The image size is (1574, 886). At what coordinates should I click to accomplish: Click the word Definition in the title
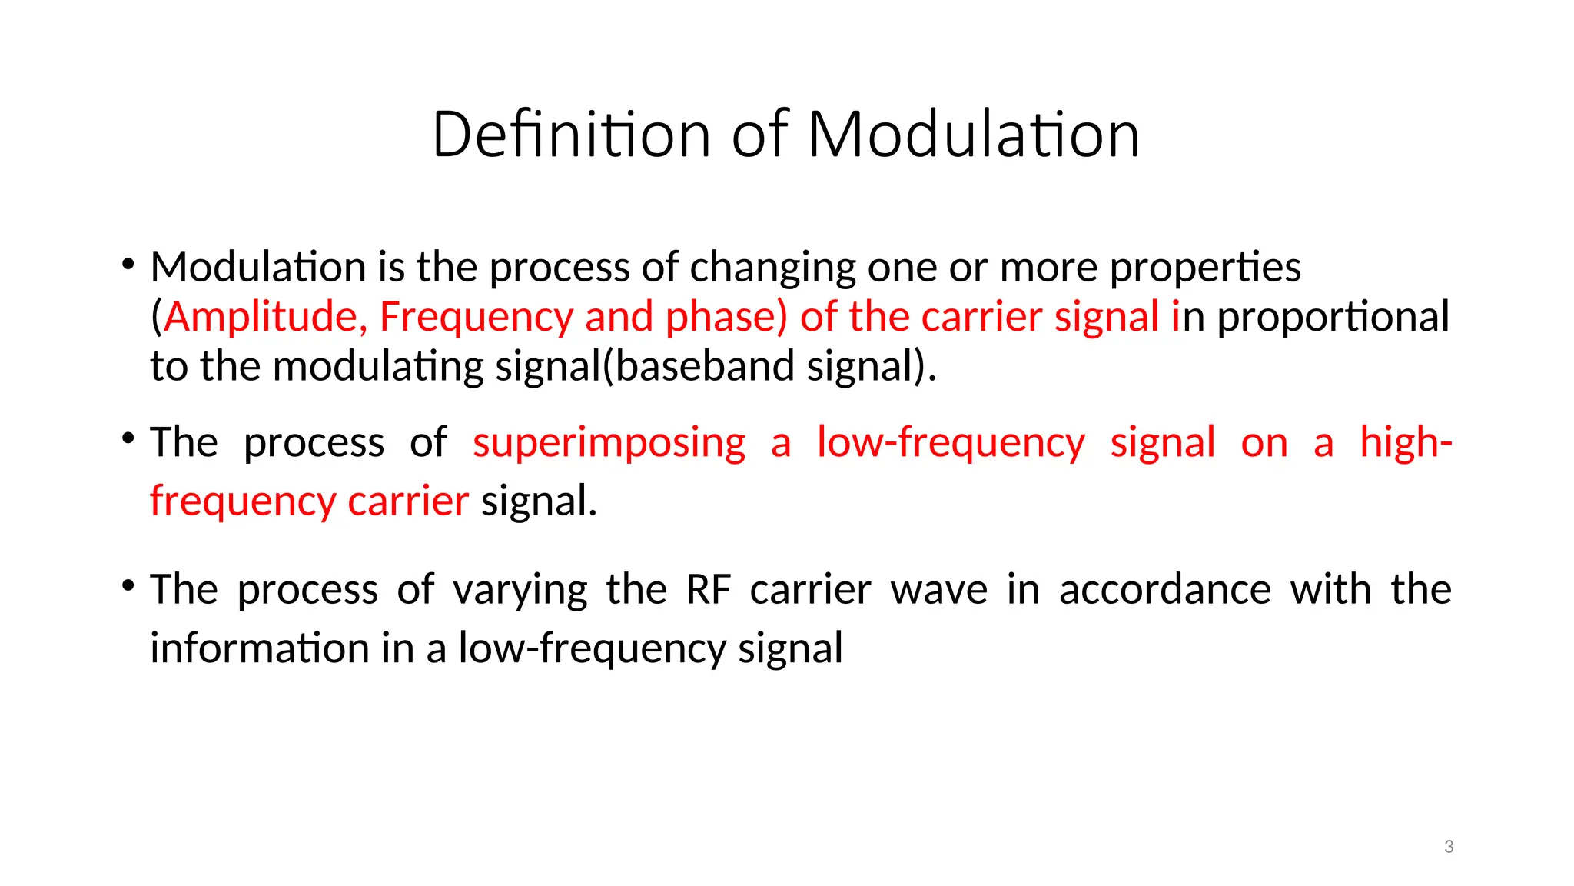coord(571,135)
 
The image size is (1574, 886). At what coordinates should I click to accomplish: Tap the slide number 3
coord(1449,847)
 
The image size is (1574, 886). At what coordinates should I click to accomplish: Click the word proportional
coord(1333,317)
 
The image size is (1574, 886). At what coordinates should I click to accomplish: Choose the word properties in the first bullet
coord(1205,268)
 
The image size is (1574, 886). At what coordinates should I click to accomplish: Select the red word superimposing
coord(609,443)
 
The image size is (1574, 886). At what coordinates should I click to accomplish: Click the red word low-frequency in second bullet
coord(950,443)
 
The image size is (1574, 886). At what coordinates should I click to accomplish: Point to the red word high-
coord(1405,443)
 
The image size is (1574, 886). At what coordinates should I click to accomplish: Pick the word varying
coord(520,590)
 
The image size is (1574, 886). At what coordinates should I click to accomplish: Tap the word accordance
coord(1164,590)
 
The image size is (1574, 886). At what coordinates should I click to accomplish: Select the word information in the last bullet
coord(259,648)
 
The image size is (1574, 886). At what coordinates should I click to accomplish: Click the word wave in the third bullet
coord(938,590)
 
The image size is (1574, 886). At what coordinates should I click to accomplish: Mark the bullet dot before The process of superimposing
coord(128,439)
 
